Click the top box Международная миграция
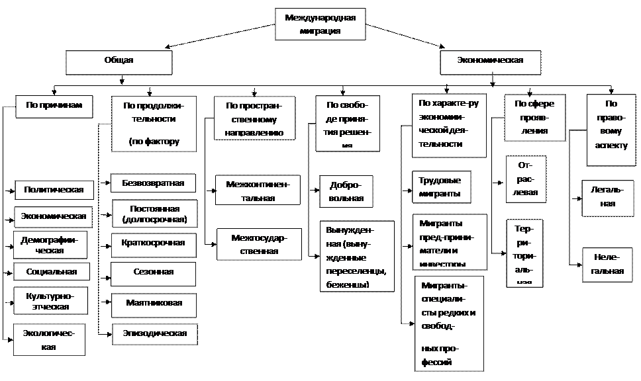point(319,24)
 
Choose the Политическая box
point(54,190)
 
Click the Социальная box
point(52,272)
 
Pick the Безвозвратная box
point(153,183)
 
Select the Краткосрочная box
point(154,243)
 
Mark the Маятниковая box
point(154,303)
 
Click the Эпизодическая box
point(154,333)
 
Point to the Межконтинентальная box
point(258,190)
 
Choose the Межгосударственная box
point(259,243)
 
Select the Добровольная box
point(346,191)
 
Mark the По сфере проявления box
point(535,117)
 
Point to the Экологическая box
point(48,339)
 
